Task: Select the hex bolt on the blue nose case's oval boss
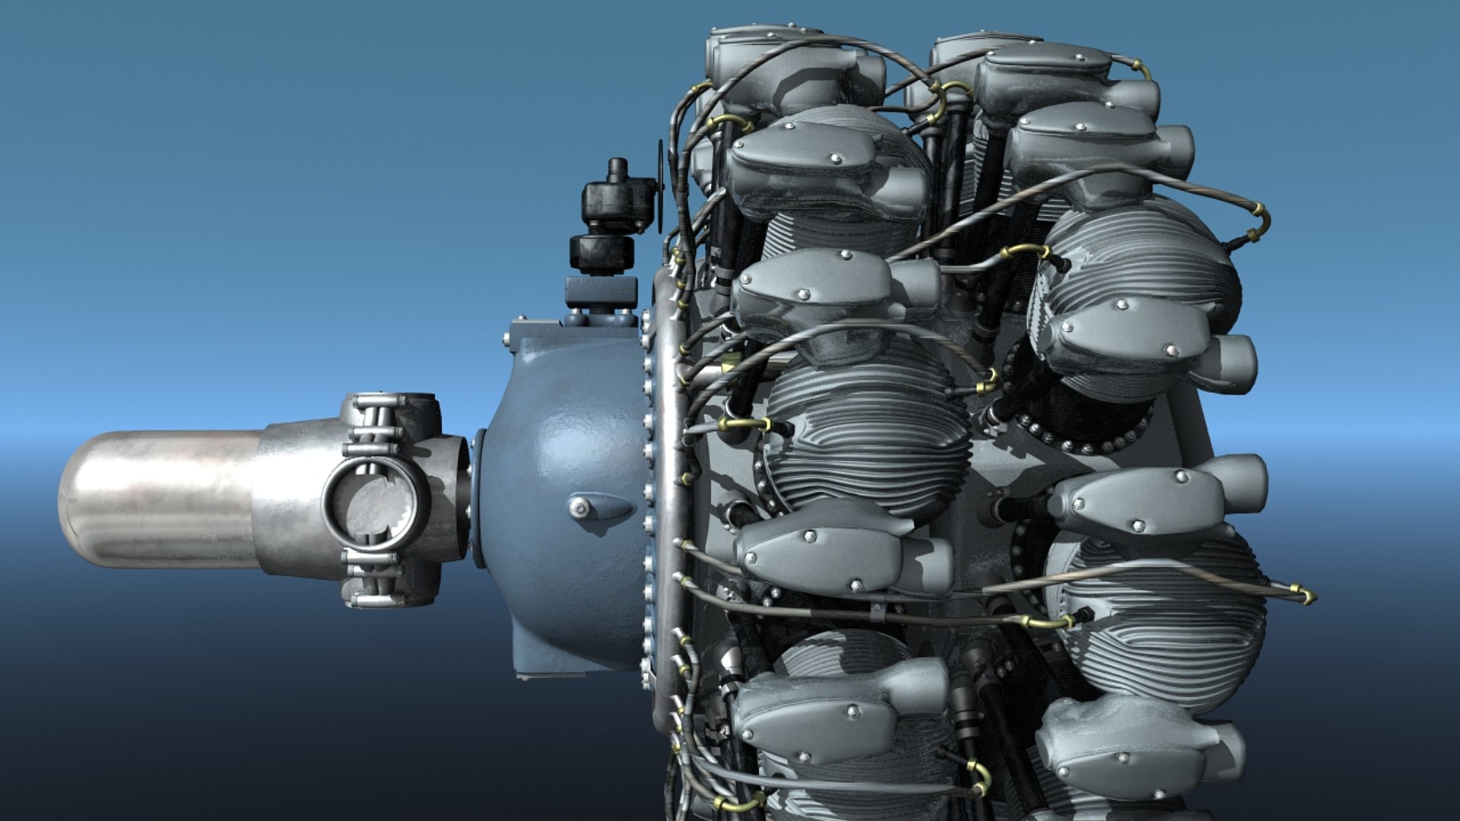tap(581, 508)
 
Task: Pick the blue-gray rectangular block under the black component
tap(601, 292)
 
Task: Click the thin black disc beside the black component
tap(661, 186)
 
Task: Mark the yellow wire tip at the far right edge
tap(1309, 596)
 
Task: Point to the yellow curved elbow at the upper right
tap(1262, 220)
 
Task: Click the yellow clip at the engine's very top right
tap(1141, 70)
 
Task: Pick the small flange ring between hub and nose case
tap(478, 498)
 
